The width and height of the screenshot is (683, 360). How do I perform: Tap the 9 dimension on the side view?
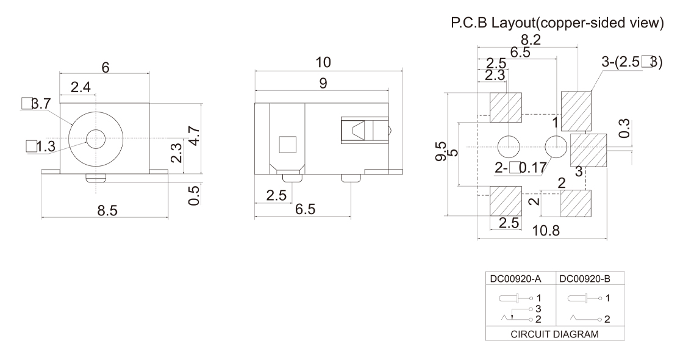click(323, 84)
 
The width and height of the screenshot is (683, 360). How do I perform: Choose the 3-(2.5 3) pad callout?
click(632, 63)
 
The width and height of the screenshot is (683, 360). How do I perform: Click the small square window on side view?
click(286, 144)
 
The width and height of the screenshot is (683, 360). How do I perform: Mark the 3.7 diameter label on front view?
click(37, 104)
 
